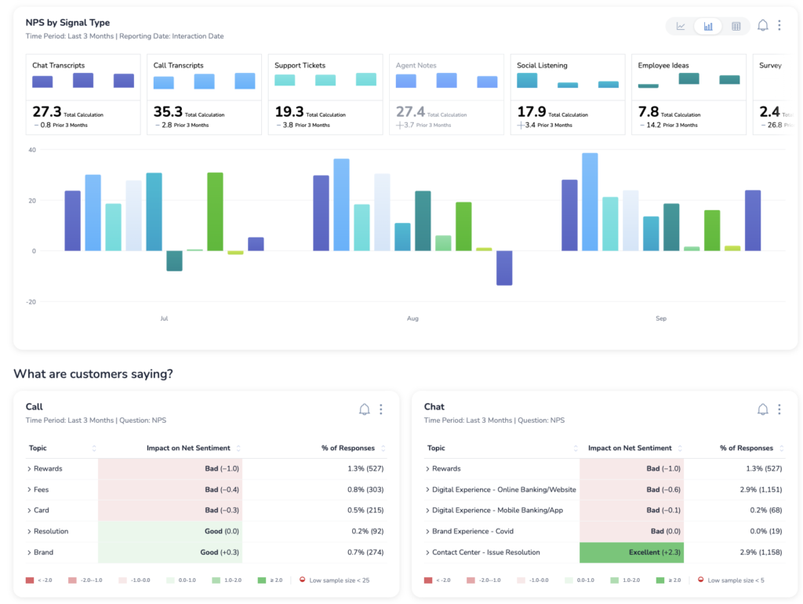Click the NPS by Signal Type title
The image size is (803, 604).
click(x=67, y=23)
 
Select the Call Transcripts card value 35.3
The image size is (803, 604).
click(x=168, y=112)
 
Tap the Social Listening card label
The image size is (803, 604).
click(x=542, y=65)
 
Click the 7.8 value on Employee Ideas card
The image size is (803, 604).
click(x=649, y=112)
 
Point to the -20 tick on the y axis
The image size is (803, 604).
click(x=31, y=301)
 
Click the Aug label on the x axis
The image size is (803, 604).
click(x=412, y=318)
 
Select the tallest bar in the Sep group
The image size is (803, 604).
click(x=590, y=202)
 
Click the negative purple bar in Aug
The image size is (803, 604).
click(x=504, y=267)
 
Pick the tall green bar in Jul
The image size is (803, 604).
click(x=215, y=211)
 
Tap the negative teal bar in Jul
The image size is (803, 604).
click(x=174, y=260)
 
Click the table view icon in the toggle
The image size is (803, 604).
click(x=736, y=26)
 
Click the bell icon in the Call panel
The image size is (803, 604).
click(x=364, y=409)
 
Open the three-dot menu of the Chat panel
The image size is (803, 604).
click(x=779, y=409)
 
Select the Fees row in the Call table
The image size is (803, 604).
click(x=42, y=489)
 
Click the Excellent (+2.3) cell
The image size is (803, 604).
click(x=631, y=552)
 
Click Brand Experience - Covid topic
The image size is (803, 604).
click(x=472, y=531)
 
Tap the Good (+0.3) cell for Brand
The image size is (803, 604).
click(x=170, y=552)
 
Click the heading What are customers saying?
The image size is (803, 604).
click(x=93, y=374)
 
